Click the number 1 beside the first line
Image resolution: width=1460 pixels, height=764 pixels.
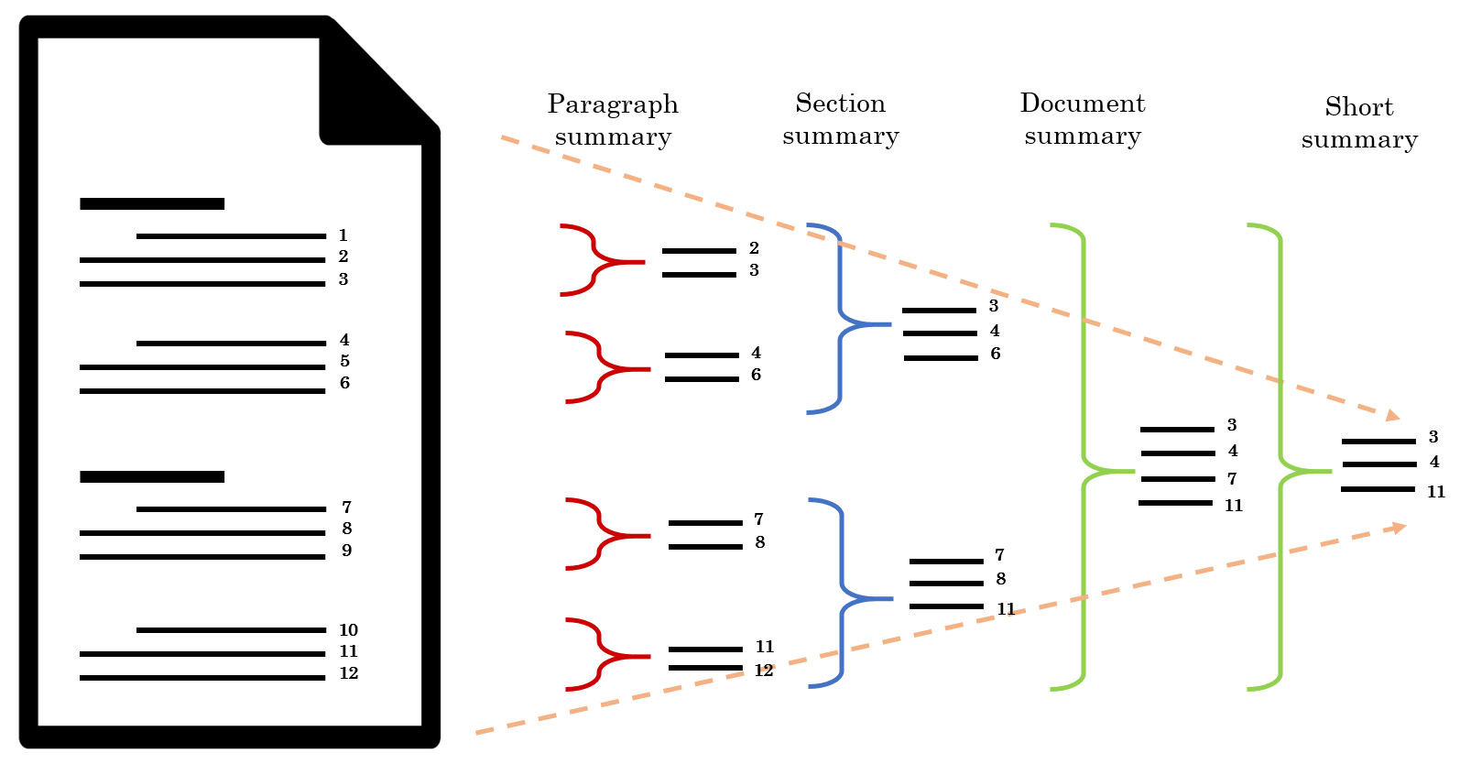pyautogui.click(x=343, y=235)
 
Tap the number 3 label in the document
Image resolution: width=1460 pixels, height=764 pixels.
pyautogui.click(x=343, y=279)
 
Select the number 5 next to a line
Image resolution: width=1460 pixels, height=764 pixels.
pyautogui.click(x=344, y=361)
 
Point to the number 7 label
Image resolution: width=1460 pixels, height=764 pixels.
pyautogui.click(x=346, y=508)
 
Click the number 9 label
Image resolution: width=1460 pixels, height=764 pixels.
pyautogui.click(x=346, y=551)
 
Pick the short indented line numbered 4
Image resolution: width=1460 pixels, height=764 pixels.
pyautogui.click(x=231, y=344)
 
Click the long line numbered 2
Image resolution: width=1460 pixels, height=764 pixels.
pyautogui.click(x=202, y=260)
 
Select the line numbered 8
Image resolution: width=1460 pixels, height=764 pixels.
pyautogui.click(x=202, y=532)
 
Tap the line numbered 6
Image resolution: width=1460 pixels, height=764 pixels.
pyautogui.click(x=202, y=391)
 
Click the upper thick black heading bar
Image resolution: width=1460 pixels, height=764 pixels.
pyautogui.click(x=152, y=203)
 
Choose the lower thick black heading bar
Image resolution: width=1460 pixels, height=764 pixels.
pyautogui.click(x=152, y=476)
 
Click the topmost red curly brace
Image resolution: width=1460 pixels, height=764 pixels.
pyautogui.click(x=595, y=260)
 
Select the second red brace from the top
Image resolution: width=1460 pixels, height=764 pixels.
pyautogui.click(x=600, y=367)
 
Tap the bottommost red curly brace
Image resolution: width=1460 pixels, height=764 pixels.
pyautogui.click(x=600, y=655)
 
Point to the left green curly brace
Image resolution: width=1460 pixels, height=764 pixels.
pyautogui.click(x=1084, y=458)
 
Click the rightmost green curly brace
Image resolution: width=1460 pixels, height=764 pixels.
pyautogui.click(x=1280, y=458)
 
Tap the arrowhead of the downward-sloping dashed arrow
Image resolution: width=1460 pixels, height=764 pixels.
pyautogui.click(x=1392, y=417)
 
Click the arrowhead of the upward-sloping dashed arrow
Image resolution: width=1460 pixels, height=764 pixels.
pyautogui.click(x=1400, y=528)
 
